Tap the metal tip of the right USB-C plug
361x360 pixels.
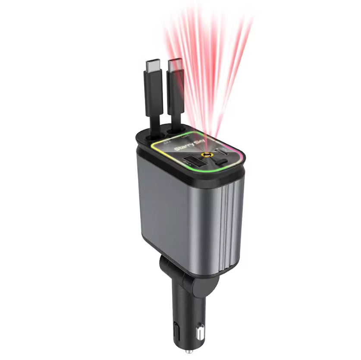click(175, 66)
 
